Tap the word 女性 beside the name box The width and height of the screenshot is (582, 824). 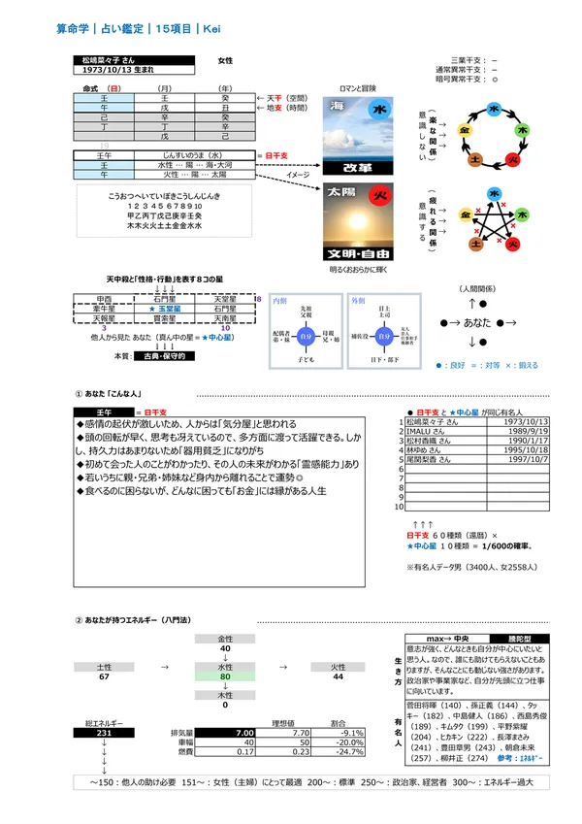[x=226, y=60]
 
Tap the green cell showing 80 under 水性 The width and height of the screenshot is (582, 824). [x=225, y=676]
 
